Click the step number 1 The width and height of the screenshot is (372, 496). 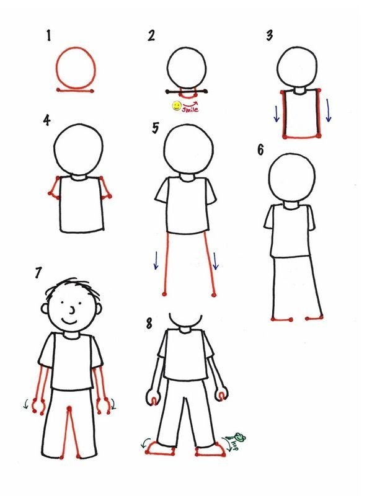49,35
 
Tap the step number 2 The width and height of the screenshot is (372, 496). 151,35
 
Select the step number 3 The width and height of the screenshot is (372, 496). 269,35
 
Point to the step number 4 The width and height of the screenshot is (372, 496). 47,120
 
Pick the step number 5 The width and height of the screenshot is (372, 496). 156,128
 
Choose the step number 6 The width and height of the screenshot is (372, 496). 260,149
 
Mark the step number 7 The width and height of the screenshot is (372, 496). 38,272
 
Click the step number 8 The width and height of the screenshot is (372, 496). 149,324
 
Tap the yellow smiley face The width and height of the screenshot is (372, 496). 176,105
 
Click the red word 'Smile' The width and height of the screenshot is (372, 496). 190,109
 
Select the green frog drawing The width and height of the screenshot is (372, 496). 240,438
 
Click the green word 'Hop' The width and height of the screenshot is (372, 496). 234,445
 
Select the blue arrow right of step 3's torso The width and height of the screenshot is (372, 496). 329,110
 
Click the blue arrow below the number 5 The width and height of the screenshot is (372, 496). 156,260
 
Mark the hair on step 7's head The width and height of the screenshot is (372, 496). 73,287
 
